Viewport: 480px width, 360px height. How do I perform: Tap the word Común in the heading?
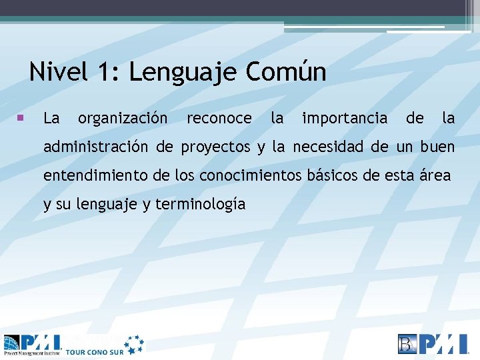286,72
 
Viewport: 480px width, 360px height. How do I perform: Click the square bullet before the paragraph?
21,118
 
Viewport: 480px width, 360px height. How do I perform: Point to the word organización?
123,119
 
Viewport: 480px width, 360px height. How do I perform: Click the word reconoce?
219,119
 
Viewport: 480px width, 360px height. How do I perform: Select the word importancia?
345,119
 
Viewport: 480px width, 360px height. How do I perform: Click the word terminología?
200,205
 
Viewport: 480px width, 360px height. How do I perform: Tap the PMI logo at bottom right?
433,344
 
